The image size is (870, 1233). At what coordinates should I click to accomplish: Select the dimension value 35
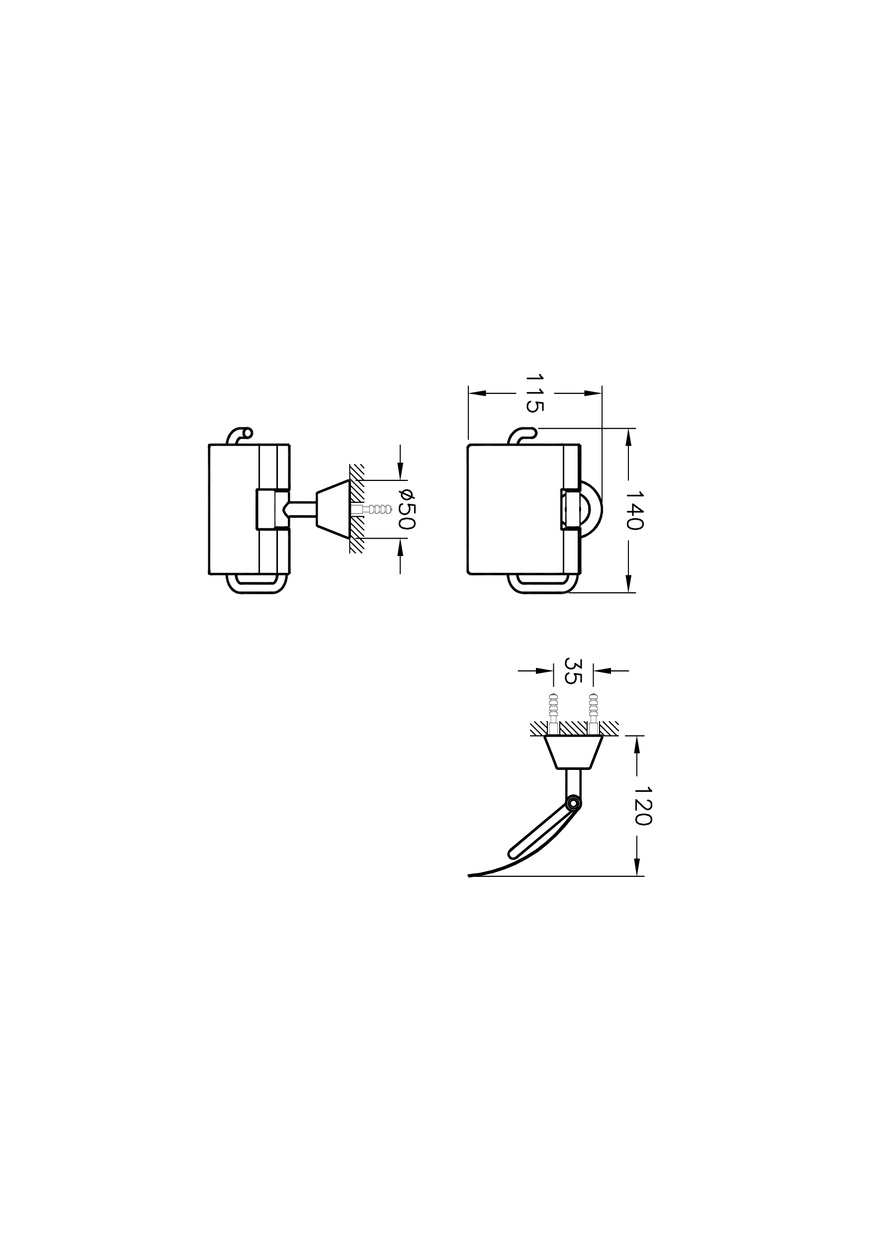point(573,671)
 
